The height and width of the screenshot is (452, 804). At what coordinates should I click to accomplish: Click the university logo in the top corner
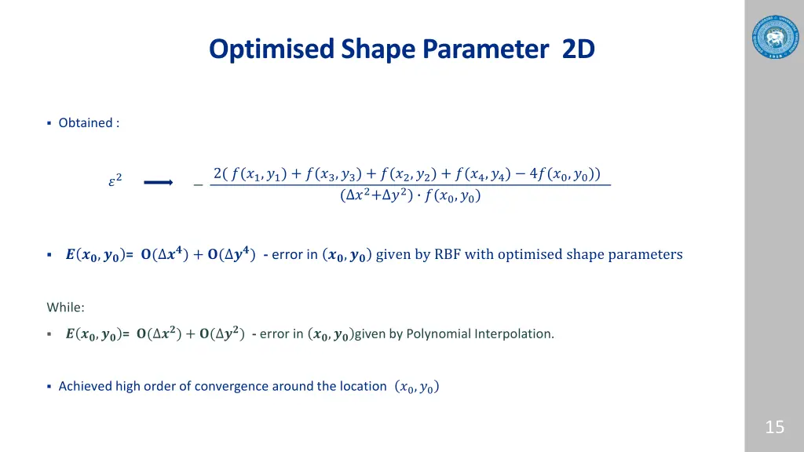click(774, 36)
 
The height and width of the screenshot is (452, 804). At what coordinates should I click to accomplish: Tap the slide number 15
click(774, 427)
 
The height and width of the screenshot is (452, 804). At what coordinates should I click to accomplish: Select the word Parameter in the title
click(484, 49)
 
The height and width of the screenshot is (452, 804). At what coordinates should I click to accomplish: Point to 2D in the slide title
click(579, 49)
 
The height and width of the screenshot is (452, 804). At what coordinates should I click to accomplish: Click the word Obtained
click(85, 122)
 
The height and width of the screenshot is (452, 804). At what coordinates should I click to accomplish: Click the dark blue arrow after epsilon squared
click(159, 183)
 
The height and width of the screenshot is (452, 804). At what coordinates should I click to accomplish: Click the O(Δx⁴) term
click(167, 254)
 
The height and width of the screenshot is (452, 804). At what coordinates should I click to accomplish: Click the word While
click(64, 307)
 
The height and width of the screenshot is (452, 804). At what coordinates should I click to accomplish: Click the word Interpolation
click(513, 334)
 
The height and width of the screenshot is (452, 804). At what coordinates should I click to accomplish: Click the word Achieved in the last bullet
click(85, 386)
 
